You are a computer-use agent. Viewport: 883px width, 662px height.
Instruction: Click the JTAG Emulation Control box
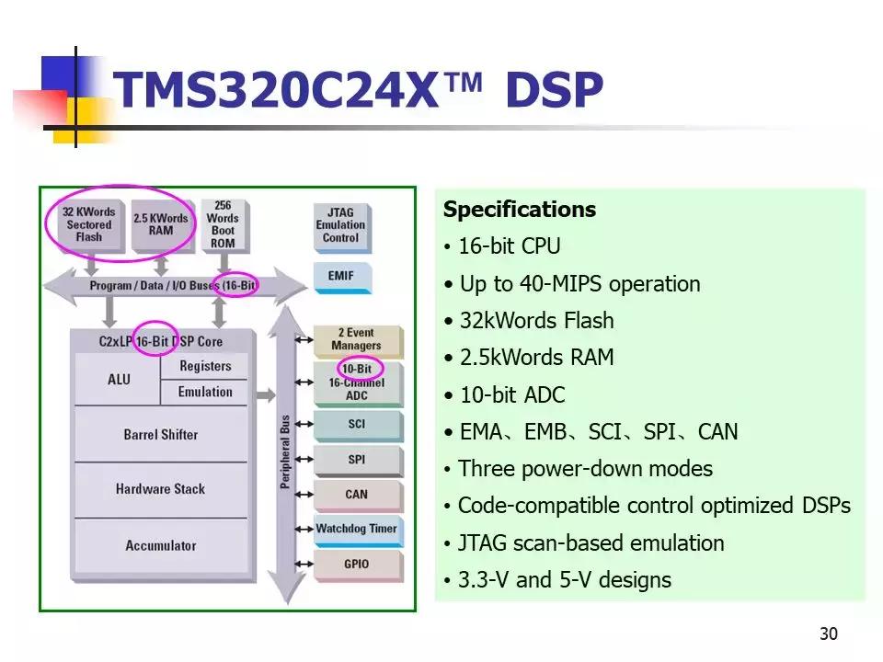click(x=340, y=225)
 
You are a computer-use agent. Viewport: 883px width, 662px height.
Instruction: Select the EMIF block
click(x=340, y=276)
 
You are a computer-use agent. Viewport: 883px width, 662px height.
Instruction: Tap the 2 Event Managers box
click(x=357, y=339)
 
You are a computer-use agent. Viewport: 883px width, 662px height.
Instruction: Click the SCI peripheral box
click(x=357, y=424)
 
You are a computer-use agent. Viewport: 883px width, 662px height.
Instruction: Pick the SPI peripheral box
click(x=357, y=459)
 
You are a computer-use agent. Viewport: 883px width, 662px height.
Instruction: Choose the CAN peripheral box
click(x=357, y=494)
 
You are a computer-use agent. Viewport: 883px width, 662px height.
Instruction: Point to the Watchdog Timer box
click(x=357, y=529)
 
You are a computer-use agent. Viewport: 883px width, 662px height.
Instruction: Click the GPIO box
click(x=357, y=564)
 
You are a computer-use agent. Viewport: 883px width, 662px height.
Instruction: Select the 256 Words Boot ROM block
click(x=223, y=225)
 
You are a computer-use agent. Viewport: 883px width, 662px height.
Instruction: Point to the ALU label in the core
click(x=119, y=379)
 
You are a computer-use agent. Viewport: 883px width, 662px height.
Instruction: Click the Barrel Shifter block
click(x=160, y=434)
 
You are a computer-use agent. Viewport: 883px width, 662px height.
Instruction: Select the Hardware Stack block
click(x=160, y=489)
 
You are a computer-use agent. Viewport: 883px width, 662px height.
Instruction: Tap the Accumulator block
click(x=160, y=545)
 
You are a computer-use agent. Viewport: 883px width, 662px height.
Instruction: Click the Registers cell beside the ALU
click(x=205, y=366)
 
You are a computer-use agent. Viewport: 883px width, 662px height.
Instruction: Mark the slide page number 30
click(x=828, y=634)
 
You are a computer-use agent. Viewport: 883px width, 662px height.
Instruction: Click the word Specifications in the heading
click(x=520, y=210)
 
